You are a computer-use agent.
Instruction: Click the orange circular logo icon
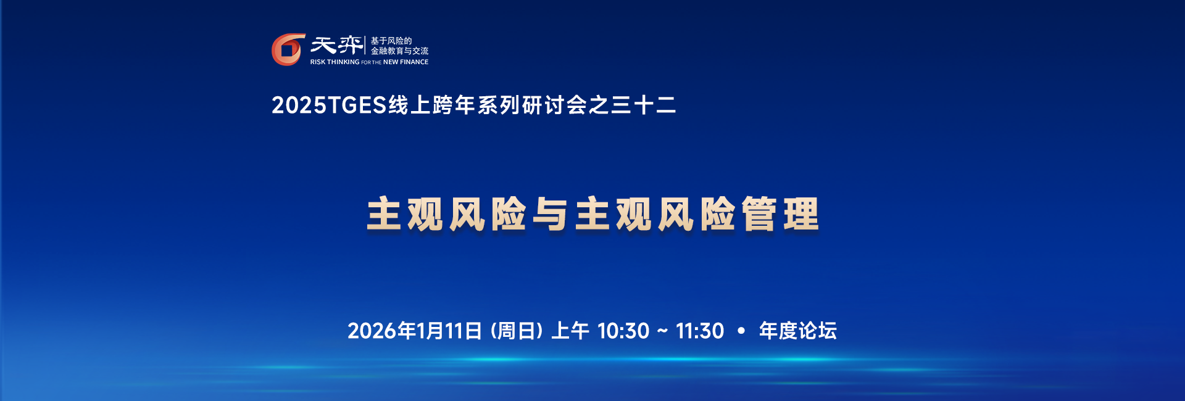288,49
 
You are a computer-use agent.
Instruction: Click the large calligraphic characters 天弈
336,45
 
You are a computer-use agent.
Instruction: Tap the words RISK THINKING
335,62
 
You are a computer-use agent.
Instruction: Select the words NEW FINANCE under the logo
405,62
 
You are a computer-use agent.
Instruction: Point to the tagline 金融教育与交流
399,51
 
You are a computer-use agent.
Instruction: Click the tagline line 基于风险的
391,41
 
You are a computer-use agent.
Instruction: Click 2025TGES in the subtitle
329,105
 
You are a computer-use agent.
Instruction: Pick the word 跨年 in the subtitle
454,105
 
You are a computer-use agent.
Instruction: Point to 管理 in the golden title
781,214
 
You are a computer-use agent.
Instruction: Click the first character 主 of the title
385,214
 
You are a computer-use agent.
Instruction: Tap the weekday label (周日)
517,331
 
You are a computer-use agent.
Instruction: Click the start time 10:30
623,331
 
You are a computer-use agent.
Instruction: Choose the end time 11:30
700,331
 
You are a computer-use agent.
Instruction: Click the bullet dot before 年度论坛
741,331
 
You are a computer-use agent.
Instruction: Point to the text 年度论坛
798,331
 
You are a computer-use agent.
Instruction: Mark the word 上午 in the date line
570,331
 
